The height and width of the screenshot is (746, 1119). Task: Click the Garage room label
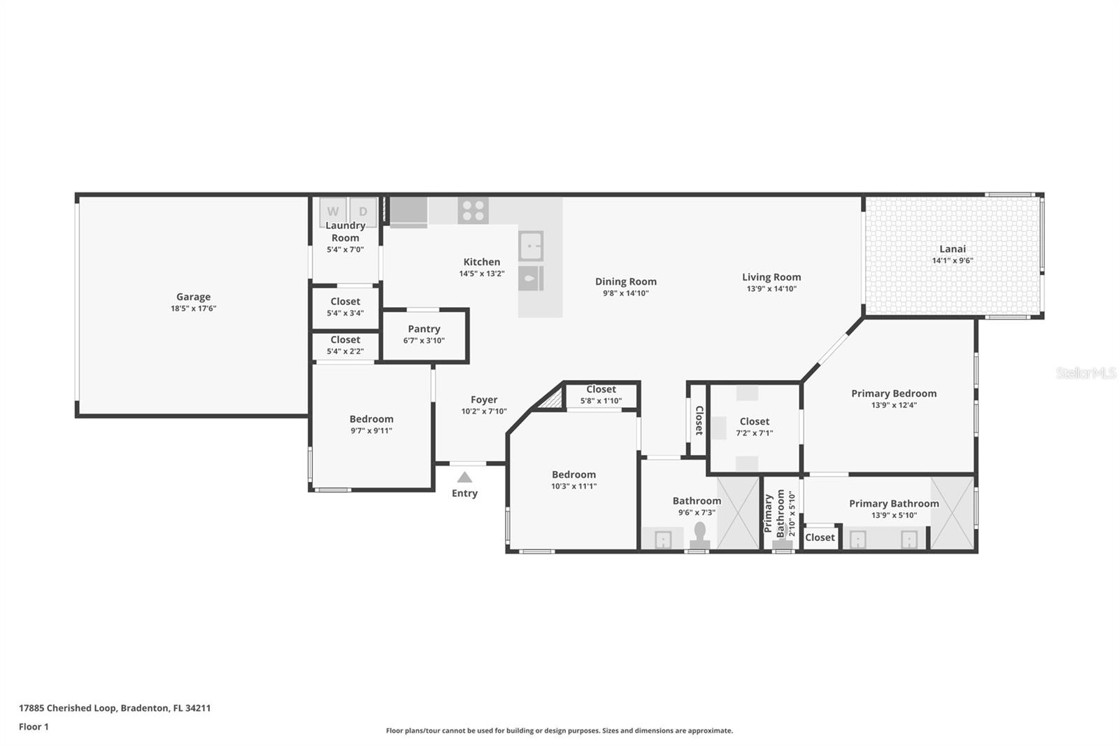click(x=193, y=297)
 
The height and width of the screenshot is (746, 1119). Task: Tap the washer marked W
click(x=333, y=211)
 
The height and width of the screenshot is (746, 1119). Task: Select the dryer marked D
click(x=363, y=211)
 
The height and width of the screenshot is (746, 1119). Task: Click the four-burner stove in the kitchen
click(x=473, y=210)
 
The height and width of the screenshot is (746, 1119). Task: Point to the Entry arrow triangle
click(x=464, y=477)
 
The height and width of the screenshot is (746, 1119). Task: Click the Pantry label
click(x=424, y=328)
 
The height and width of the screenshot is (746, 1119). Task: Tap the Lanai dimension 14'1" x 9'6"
click(x=953, y=260)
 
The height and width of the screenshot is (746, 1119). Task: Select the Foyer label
click(x=484, y=400)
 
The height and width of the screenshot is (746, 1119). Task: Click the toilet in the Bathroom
click(x=700, y=536)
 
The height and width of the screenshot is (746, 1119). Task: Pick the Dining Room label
click(x=626, y=281)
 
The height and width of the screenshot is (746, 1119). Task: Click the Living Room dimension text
click(x=772, y=288)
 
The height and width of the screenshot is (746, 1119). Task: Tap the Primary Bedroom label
click(x=895, y=393)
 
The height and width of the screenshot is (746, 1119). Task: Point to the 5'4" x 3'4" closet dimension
click(x=345, y=313)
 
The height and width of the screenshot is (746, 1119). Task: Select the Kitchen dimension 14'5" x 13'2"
click(x=482, y=274)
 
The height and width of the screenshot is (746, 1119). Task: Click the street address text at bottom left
click(x=115, y=708)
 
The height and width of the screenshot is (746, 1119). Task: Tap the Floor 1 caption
click(x=34, y=726)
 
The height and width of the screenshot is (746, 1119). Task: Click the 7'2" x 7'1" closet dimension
click(x=755, y=433)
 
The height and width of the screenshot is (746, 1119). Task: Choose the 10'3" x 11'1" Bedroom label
click(x=574, y=474)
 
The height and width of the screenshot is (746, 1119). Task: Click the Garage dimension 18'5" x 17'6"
click(x=193, y=309)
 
